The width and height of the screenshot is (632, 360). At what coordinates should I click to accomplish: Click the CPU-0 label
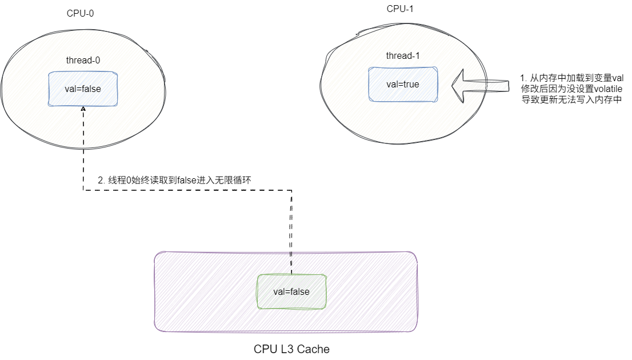[x=80, y=14]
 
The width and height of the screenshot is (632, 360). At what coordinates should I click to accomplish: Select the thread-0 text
[x=83, y=59]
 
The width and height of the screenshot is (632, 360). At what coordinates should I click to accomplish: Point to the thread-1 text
[x=403, y=55]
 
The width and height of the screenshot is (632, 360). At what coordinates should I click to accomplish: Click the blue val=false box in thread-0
[x=83, y=89]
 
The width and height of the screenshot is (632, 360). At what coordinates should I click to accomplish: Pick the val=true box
[x=403, y=84]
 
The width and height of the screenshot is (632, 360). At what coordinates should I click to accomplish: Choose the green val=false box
[x=291, y=291]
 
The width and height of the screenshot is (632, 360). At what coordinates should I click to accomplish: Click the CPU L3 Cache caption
[x=291, y=349]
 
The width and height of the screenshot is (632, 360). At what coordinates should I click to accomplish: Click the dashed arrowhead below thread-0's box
[x=83, y=109]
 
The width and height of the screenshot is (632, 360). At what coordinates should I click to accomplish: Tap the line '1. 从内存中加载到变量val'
[x=571, y=78]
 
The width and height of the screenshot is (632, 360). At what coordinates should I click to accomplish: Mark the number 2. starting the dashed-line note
[x=101, y=180]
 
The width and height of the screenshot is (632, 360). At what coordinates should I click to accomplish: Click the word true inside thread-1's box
[x=410, y=84]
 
